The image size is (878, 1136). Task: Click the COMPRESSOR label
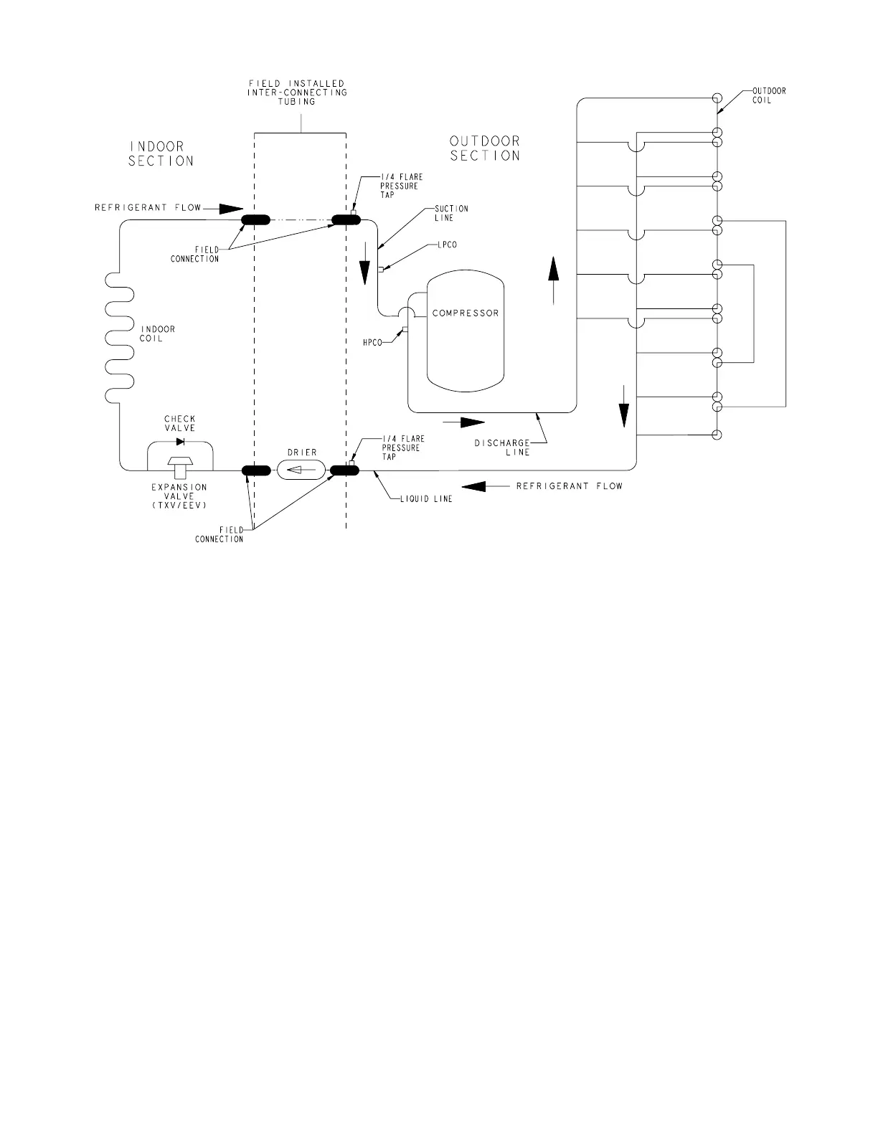pos(465,313)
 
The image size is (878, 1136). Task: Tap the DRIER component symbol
pos(301,470)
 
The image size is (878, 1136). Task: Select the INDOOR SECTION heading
pos(161,154)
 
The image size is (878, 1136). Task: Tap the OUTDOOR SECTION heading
pos(485,148)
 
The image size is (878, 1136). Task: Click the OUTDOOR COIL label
pos(768,95)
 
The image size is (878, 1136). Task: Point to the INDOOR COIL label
pos(157,334)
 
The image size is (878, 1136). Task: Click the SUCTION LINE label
pos(451,213)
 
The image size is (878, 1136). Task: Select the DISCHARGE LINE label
pos(502,448)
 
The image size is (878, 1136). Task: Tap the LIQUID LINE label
pos(426,499)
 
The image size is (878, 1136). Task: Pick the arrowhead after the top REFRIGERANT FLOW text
pos(231,209)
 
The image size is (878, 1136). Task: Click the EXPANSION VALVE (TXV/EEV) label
pos(179,496)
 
